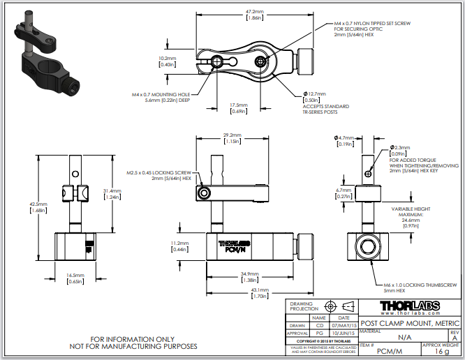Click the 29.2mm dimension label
(x=232, y=135)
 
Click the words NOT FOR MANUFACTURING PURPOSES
(x=133, y=347)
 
